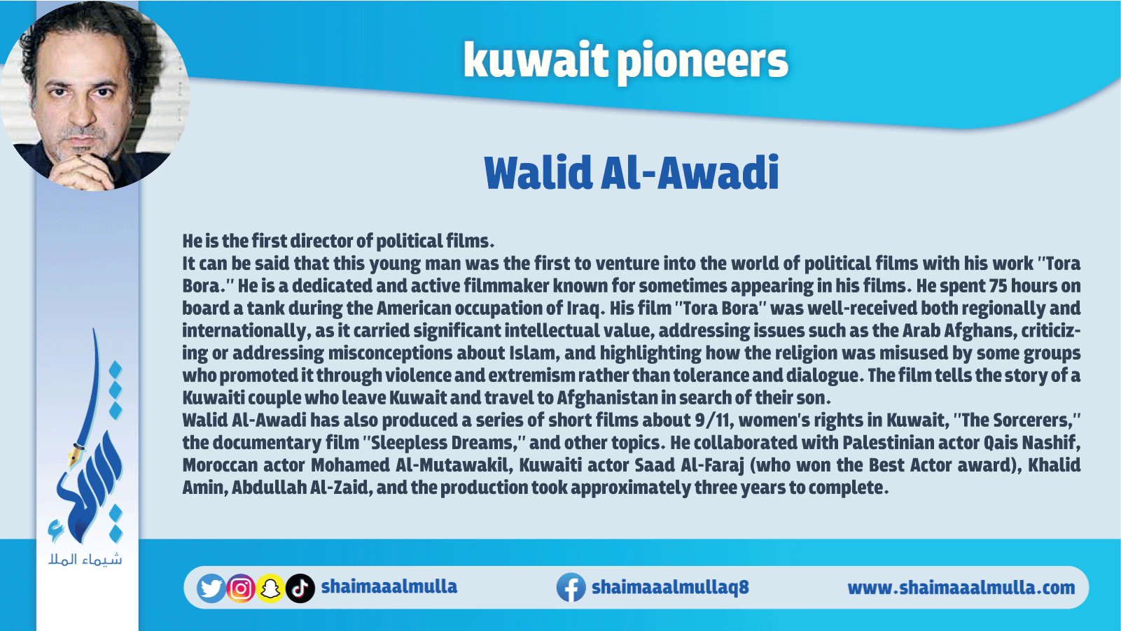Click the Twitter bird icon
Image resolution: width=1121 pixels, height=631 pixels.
[211, 588]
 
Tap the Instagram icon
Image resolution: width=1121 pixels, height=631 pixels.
[241, 588]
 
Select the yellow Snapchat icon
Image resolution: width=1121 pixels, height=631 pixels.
[270, 588]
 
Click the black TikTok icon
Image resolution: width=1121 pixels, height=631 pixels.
[300, 588]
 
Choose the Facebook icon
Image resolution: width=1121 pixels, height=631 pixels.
[571, 588]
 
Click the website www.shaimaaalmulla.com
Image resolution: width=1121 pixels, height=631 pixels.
[961, 588]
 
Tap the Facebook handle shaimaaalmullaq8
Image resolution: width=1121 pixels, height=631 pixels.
[670, 588]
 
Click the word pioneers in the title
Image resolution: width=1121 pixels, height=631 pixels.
[702, 61]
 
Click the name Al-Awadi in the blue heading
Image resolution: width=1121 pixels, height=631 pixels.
[690, 173]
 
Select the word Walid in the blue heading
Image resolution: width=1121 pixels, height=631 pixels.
[538, 173]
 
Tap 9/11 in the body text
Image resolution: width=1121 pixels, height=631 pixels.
[714, 420]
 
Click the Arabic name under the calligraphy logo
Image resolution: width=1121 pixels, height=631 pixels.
[85, 560]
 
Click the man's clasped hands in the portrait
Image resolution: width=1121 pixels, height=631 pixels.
[83, 171]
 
